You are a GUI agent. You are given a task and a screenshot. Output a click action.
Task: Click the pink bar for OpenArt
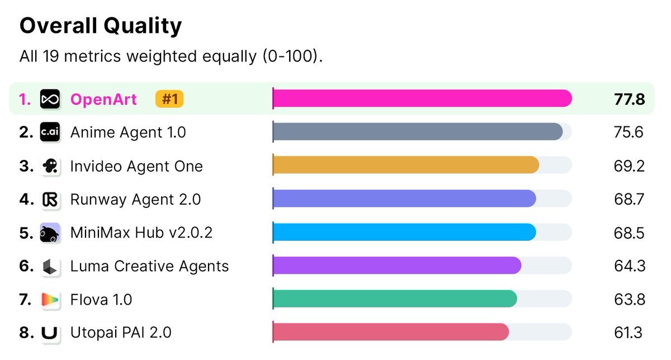422,98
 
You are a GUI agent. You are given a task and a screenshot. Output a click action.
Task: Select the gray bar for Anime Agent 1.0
418,131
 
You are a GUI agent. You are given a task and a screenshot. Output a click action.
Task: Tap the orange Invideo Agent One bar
406,165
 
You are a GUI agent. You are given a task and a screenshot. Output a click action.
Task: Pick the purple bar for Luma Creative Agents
397,266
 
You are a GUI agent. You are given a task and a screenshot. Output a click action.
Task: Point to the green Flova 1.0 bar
395,299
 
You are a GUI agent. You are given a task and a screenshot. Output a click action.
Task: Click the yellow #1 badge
169,99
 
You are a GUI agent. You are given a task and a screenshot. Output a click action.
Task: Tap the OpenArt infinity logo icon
50,99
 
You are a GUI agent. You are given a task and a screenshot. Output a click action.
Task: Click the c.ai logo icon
50,132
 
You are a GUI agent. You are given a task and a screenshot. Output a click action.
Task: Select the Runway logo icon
50,200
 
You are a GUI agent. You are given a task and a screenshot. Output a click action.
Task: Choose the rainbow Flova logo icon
50,300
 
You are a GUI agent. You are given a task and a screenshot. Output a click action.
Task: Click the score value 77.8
630,100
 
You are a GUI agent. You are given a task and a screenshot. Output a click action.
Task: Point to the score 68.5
629,233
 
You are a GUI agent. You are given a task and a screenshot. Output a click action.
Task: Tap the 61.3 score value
628,333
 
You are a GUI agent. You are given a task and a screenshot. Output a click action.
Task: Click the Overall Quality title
101,26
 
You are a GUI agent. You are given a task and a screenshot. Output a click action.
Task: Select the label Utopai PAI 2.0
121,333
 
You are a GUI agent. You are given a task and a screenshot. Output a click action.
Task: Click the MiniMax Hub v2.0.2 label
141,233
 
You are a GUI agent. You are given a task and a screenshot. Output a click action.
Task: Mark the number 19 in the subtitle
51,56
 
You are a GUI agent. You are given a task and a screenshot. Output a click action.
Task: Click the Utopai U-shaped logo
49,333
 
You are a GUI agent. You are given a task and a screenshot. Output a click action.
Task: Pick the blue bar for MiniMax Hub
404,232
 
